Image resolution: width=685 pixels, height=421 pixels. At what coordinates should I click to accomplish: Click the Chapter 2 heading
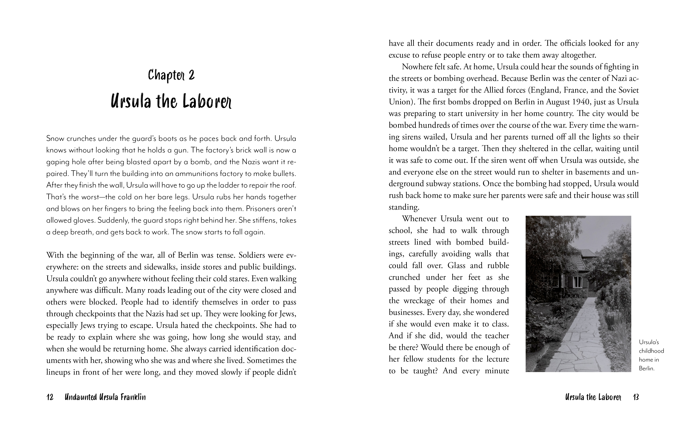click(171, 75)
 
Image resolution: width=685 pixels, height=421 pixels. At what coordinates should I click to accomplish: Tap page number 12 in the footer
click(50, 397)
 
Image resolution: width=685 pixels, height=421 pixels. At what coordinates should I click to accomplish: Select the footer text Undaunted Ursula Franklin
click(105, 397)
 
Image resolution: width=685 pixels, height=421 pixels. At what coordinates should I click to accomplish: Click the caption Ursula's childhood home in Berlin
click(651, 355)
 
